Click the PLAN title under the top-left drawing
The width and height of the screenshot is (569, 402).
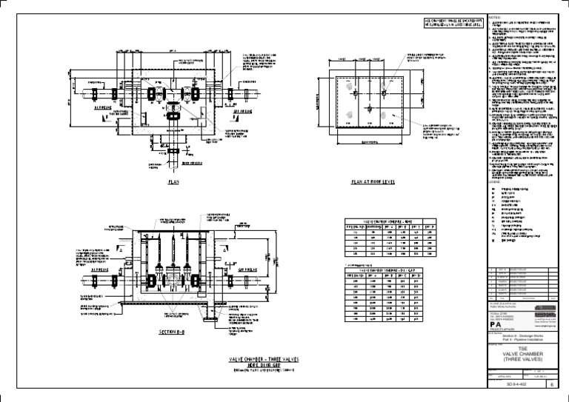(x=173, y=180)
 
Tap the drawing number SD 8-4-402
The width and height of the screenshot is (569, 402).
(x=510, y=385)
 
